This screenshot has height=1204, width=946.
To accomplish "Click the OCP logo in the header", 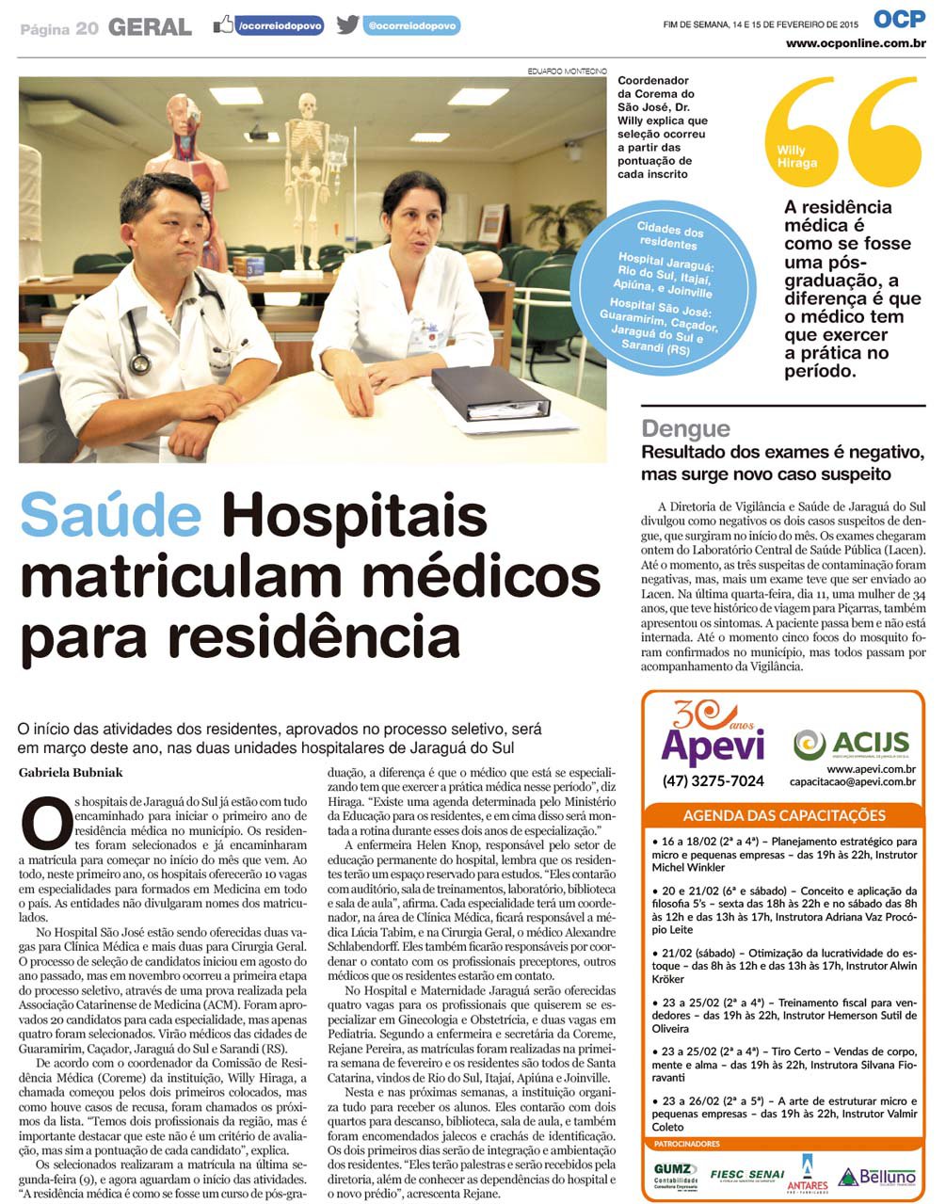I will (x=899, y=18).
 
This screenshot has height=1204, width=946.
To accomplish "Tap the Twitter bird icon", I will (x=347, y=25).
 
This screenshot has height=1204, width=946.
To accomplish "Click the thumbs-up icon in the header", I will (x=222, y=25).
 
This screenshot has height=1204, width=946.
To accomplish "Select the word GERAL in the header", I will (x=150, y=28).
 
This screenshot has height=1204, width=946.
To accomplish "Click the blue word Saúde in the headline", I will (x=110, y=516).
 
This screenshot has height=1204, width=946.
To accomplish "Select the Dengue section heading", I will (x=685, y=429).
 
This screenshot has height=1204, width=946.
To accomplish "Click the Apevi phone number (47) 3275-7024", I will (x=713, y=780).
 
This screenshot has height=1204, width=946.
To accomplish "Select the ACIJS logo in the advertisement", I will (x=851, y=744).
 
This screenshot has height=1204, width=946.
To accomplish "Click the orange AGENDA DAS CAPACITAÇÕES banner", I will (x=783, y=815).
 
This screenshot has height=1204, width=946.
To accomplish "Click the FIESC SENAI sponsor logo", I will (x=746, y=1175).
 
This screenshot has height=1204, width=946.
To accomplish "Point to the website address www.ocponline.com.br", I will (x=856, y=43).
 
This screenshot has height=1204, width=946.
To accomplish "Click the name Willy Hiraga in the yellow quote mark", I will (x=796, y=156).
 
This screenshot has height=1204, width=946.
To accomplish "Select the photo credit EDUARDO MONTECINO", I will (x=567, y=72).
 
